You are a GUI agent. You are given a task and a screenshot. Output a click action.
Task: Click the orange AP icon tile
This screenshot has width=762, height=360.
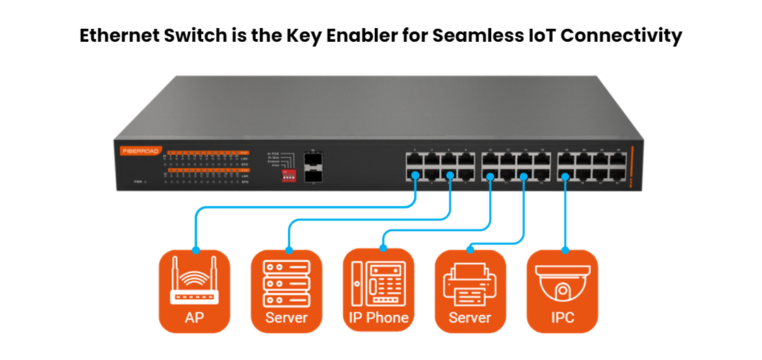(x=194, y=290)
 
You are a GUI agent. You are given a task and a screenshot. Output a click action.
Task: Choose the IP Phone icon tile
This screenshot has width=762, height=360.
(x=378, y=290)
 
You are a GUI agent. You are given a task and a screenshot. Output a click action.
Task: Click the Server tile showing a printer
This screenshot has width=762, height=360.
(x=470, y=290)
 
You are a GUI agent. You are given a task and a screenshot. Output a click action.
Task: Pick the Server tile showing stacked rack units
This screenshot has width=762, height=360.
(x=287, y=290)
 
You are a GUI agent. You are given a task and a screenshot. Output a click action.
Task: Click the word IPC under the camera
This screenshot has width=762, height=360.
(x=562, y=318)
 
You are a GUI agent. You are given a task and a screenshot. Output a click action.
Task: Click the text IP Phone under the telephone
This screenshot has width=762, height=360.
(x=378, y=318)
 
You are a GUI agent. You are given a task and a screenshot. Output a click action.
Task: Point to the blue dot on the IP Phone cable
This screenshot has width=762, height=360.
(x=490, y=177)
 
